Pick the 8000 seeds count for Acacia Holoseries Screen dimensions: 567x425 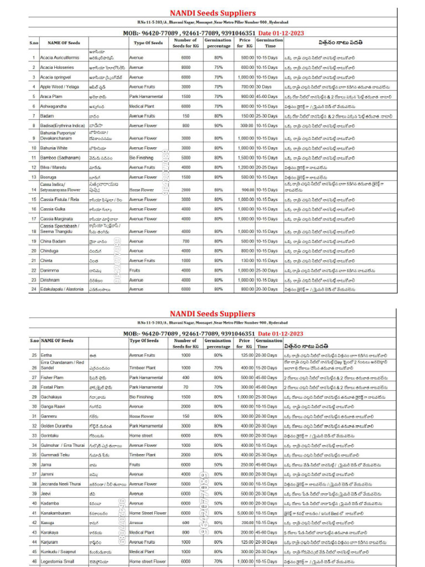point(185,68)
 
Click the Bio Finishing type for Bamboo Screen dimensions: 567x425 point(141,158)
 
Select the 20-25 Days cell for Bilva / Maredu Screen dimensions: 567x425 point(267,167)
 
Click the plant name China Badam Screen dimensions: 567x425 point(53,241)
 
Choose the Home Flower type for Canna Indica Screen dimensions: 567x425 point(142,189)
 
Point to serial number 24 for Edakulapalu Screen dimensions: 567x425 point(34,289)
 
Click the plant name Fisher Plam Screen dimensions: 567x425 point(51,378)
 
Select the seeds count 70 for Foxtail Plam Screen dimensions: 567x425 point(185,387)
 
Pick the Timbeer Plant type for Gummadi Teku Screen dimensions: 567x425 point(142,455)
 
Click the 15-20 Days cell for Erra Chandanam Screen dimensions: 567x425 point(266,368)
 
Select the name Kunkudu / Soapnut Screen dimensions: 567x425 point(59,552)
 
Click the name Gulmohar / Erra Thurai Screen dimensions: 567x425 point(62,445)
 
